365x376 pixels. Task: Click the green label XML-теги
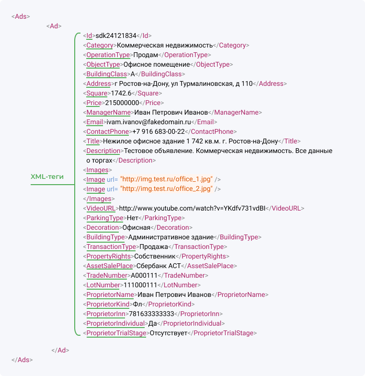47,176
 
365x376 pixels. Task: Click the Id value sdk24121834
116,35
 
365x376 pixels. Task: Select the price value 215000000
122,103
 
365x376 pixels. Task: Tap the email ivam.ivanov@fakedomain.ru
148,122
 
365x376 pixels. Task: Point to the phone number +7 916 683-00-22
159,131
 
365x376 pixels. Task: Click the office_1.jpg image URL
167,179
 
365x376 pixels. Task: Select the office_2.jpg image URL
167,189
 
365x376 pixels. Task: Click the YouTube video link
193,208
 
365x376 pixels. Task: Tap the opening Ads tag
21,16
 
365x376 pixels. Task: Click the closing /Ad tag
60,350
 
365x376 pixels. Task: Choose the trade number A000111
144,275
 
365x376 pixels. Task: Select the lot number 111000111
140,285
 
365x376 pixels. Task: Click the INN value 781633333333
151,314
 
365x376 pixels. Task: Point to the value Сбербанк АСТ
159,266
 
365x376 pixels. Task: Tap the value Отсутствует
169,333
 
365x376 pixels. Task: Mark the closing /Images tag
99,199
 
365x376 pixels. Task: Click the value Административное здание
171,237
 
